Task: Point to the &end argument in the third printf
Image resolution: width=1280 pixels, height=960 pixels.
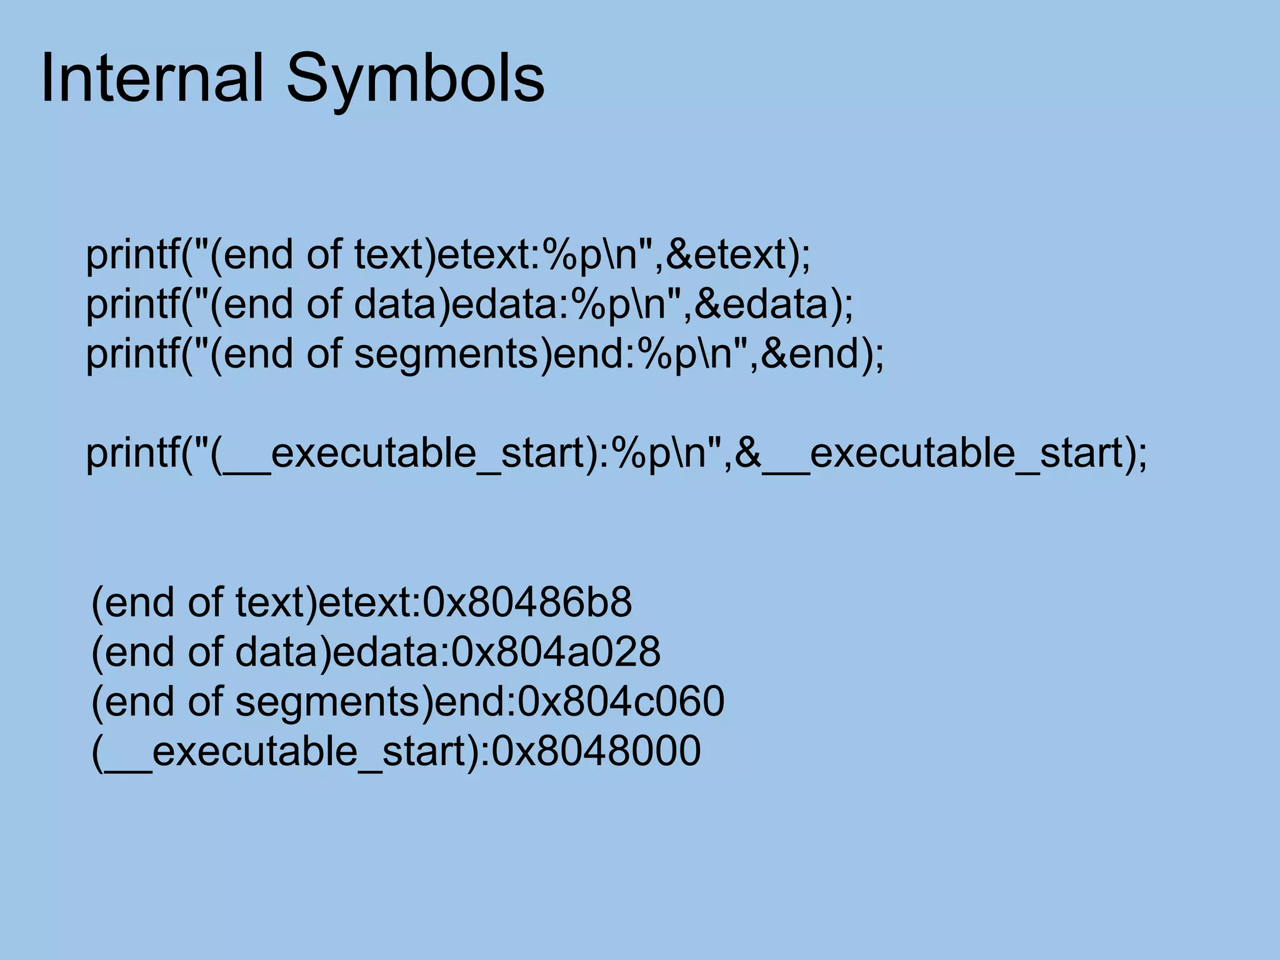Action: point(812,354)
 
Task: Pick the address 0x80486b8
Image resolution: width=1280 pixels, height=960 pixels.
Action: point(527,602)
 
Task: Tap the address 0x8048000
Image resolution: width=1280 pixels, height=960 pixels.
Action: point(596,751)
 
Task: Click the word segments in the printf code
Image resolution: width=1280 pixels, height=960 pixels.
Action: point(446,355)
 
